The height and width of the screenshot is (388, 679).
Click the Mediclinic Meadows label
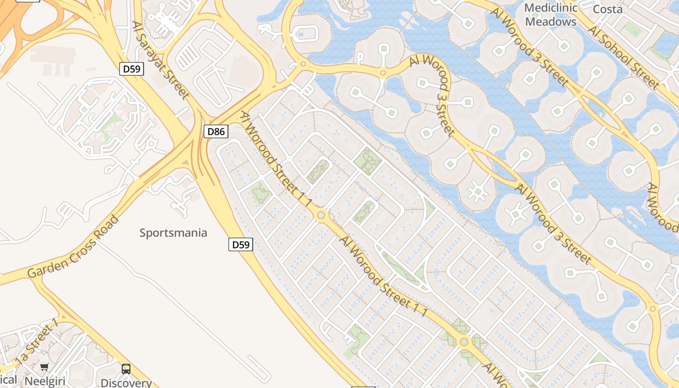(x=550, y=15)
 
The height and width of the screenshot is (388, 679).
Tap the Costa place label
(x=608, y=9)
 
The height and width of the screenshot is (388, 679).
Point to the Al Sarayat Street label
(x=160, y=59)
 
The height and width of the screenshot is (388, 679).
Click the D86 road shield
(x=216, y=131)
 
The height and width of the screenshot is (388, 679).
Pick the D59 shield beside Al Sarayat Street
(x=131, y=69)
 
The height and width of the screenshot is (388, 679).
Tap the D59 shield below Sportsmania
(x=241, y=244)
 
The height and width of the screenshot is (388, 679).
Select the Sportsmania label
(x=173, y=233)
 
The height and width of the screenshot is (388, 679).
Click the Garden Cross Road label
(x=73, y=248)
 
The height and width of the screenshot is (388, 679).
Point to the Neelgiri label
(x=45, y=381)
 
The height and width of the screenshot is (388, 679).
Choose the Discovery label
(x=126, y=383)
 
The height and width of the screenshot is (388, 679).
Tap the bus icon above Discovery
(x=126, y=369)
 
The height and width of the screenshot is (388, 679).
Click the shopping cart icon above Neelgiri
(x=45, y=367)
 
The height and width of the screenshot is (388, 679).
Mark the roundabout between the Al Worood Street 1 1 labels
(x=321, y=215)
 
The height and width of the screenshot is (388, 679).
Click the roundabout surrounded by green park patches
(x=464, y=342)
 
